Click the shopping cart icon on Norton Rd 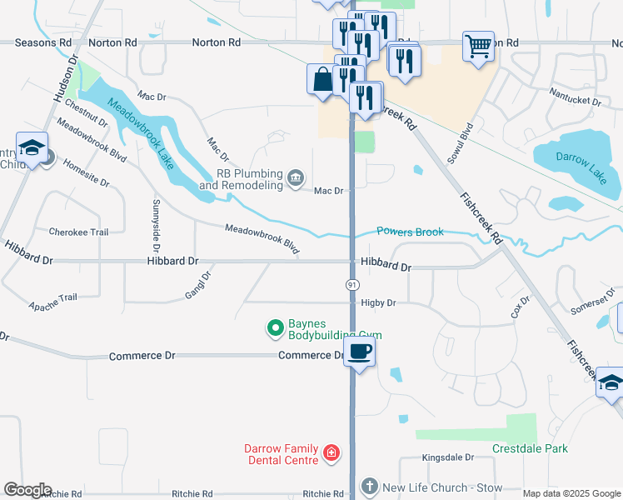click(x=478, y=47)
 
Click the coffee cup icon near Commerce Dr click(x=359, y=351)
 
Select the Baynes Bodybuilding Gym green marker click(x=274, y=328)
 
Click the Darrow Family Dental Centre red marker click(x=331, y=453)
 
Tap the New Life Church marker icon click(x=370, y=486)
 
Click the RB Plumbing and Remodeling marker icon click(x=295, y=177)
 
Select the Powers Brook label click(x=410, y=232)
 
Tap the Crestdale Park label click(x=530, y=448)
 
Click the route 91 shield click(x=352, y=284)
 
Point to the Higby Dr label click(x=377, y=302)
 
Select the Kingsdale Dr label click(x=447, y=457)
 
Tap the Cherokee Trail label click(x=79, y=232)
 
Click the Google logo click(x=27, y=490)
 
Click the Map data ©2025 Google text click(x=571, y=493)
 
